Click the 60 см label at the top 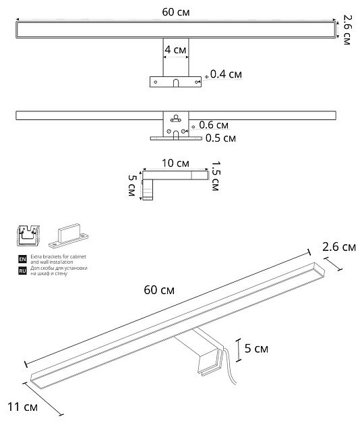click(175, 11)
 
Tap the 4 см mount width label click(175, 50)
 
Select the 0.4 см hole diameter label click(225, 74)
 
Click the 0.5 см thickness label click(220, 138)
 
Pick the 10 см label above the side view click(176, 164)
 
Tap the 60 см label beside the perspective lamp click(160, 290)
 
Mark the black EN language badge click(23, 259)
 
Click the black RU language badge click(23, 271)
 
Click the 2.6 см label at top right click(347, 30)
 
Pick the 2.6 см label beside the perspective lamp click(339, 248)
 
